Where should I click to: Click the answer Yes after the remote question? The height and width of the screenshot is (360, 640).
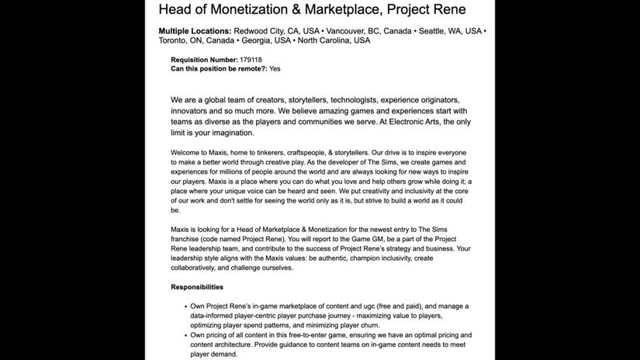coord(275,69)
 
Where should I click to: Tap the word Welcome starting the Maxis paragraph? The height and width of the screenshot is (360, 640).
coord(187,152)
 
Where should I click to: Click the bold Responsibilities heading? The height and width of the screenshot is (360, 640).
coord(197,287)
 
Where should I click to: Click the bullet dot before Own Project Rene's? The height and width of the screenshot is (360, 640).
coord(182,306)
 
